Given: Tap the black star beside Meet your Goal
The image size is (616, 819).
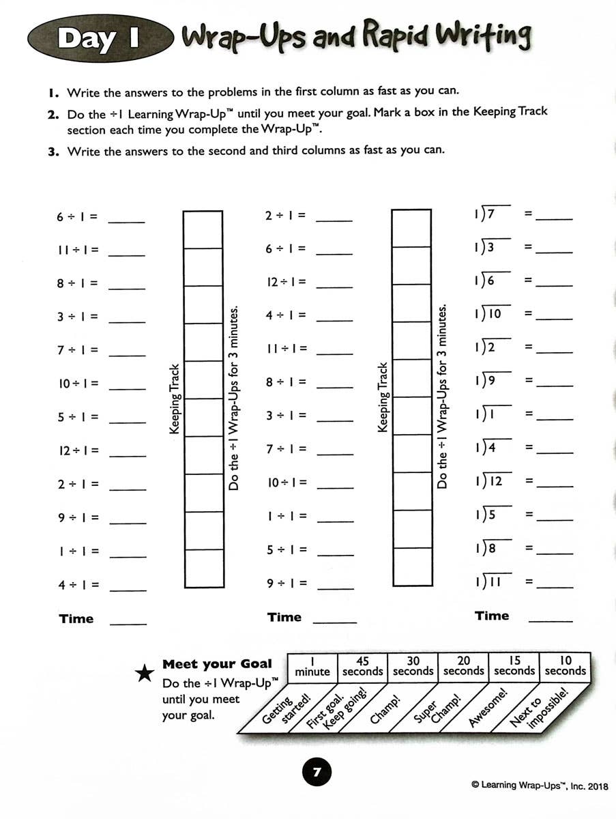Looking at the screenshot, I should [145, 674].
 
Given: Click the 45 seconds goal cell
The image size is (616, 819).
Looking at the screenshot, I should [362, 666].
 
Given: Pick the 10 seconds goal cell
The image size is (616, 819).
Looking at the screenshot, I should [565, 666].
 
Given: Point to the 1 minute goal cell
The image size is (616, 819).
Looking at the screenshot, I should [312, 666].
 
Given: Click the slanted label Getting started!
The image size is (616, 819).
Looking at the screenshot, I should [286, 710].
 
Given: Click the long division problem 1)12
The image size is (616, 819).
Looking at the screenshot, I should [488, 481].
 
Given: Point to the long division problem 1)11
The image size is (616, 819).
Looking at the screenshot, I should [488, 581].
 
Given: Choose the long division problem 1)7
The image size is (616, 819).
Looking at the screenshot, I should [485, 215].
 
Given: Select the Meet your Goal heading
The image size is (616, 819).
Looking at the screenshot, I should [217, 664].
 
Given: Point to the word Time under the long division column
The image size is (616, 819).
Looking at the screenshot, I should [492, 616].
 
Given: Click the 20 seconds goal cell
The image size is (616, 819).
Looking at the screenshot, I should [463, 666].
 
